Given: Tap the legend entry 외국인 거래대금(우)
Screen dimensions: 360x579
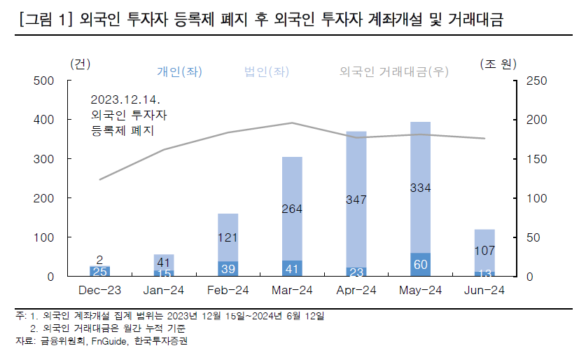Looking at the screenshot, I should pyautogui.click(x=393, y=71).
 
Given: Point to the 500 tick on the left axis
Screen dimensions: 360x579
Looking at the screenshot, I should pyautogui.click(x=44, y=81).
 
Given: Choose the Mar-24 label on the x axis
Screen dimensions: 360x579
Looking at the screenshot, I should pyautogui.click(x=291, y=290).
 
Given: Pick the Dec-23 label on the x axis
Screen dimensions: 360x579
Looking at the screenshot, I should pyautogui.click(x=99, y=290).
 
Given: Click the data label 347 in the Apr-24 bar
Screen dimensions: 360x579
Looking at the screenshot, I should pyautogui.click(x=356, y=200).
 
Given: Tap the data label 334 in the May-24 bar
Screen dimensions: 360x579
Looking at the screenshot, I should pyautogui.click(x=420, y=188).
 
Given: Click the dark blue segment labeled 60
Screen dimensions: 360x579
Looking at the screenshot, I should pyautogui.click(x=420, y=265).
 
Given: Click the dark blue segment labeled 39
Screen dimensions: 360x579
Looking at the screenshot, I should pyautogui.click(x=228, y=269).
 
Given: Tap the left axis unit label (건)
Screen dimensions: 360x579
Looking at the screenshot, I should pyautogui.click(x=81, y=64).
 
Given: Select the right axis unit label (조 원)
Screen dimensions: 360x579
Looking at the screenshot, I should pyautogui.click(x=498, y=64).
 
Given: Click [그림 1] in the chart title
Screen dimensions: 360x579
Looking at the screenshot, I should pyautogui.click(x=44, y=22).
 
